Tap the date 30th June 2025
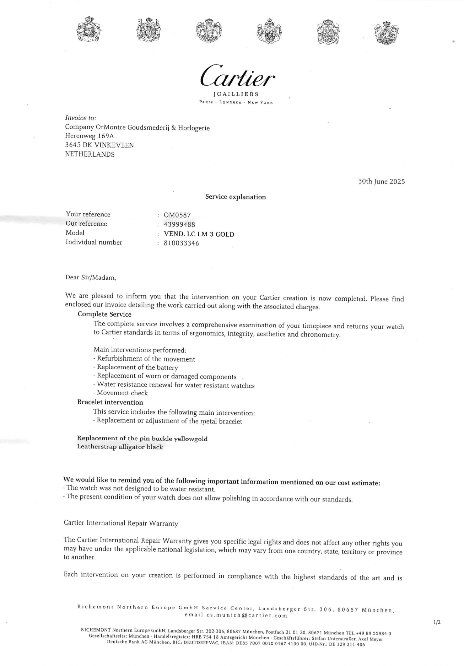click(381, 182)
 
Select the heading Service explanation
click(235, 197)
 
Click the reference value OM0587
click(177, 215)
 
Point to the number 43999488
click(179, 224)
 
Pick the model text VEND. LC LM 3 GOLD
click(199, 234)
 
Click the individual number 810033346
click(181, 243)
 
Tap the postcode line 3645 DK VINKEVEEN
click(99, 145)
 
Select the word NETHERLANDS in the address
click(90, 154)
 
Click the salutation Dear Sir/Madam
click(91, 278)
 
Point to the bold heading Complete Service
click(104, 314)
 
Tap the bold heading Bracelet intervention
click(110, 402)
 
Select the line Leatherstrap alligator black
click(120, 447)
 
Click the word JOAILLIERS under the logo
click(236, 94)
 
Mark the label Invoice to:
click(81, 118)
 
